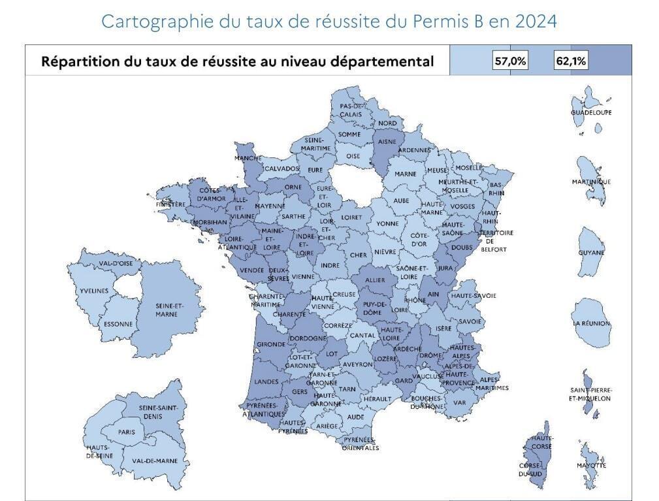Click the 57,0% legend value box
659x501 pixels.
tap(511, 61)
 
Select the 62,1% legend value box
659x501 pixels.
tap(571, 61)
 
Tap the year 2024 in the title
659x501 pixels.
tap(536, 21)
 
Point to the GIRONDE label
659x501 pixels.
tap(271, 344)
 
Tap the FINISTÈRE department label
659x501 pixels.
tap(171, 204)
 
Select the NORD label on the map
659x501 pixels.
tap(387, 123)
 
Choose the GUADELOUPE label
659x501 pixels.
tap(592, 112)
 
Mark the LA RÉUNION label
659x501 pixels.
tap(591, 323)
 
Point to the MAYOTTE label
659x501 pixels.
tap(591, 465)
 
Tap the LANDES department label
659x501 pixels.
tap(266, 381)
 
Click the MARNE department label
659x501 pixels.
tap(406, 174)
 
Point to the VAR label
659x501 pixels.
tap(460, 402)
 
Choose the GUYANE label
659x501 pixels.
tap(591, 253)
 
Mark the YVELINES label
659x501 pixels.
tap(94, 291)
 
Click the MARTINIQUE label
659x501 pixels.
tap(591, 181)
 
